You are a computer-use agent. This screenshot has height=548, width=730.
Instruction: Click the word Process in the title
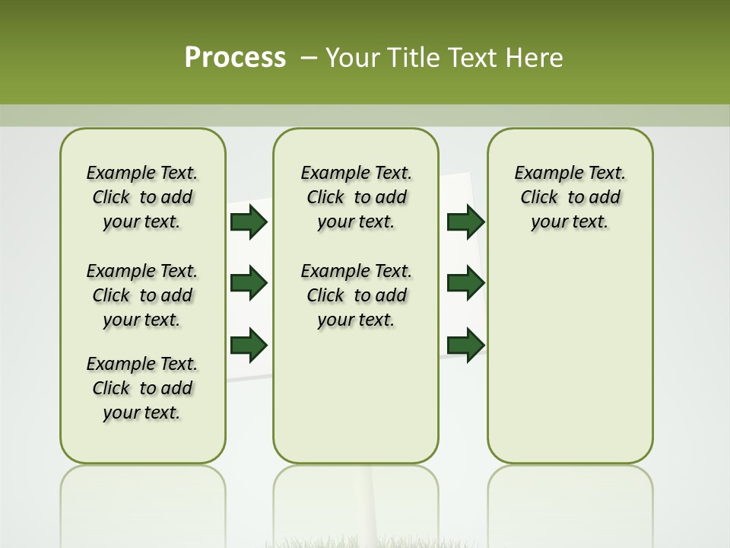point(235,58)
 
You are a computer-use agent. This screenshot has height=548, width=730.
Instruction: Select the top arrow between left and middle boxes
point(249,221)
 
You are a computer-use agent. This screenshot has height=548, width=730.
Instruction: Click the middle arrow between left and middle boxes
point(249,283)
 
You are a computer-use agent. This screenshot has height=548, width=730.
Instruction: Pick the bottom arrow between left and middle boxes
point(249,345)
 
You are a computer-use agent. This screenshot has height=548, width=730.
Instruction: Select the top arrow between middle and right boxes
point(466,221)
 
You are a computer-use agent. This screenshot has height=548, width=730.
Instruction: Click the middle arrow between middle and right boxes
point(466,283)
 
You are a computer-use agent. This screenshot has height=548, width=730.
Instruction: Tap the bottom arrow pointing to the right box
point(466,345)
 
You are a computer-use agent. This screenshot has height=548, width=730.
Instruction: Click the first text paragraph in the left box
point(142,197)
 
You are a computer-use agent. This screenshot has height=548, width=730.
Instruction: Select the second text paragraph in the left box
point(142,295)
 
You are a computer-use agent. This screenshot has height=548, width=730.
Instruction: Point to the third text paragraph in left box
point(142,388)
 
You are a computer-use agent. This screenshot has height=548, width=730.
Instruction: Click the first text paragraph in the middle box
point(356,197)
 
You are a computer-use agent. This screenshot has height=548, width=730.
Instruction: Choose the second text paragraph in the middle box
point(356,295)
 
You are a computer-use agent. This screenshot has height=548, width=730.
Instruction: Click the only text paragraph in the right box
point(570,197)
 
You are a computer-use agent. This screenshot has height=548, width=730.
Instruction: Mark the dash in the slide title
point(309,58)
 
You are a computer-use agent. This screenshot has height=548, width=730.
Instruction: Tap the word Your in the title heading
point(352,58)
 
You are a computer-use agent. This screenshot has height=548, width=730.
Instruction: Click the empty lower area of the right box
point(570,365)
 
